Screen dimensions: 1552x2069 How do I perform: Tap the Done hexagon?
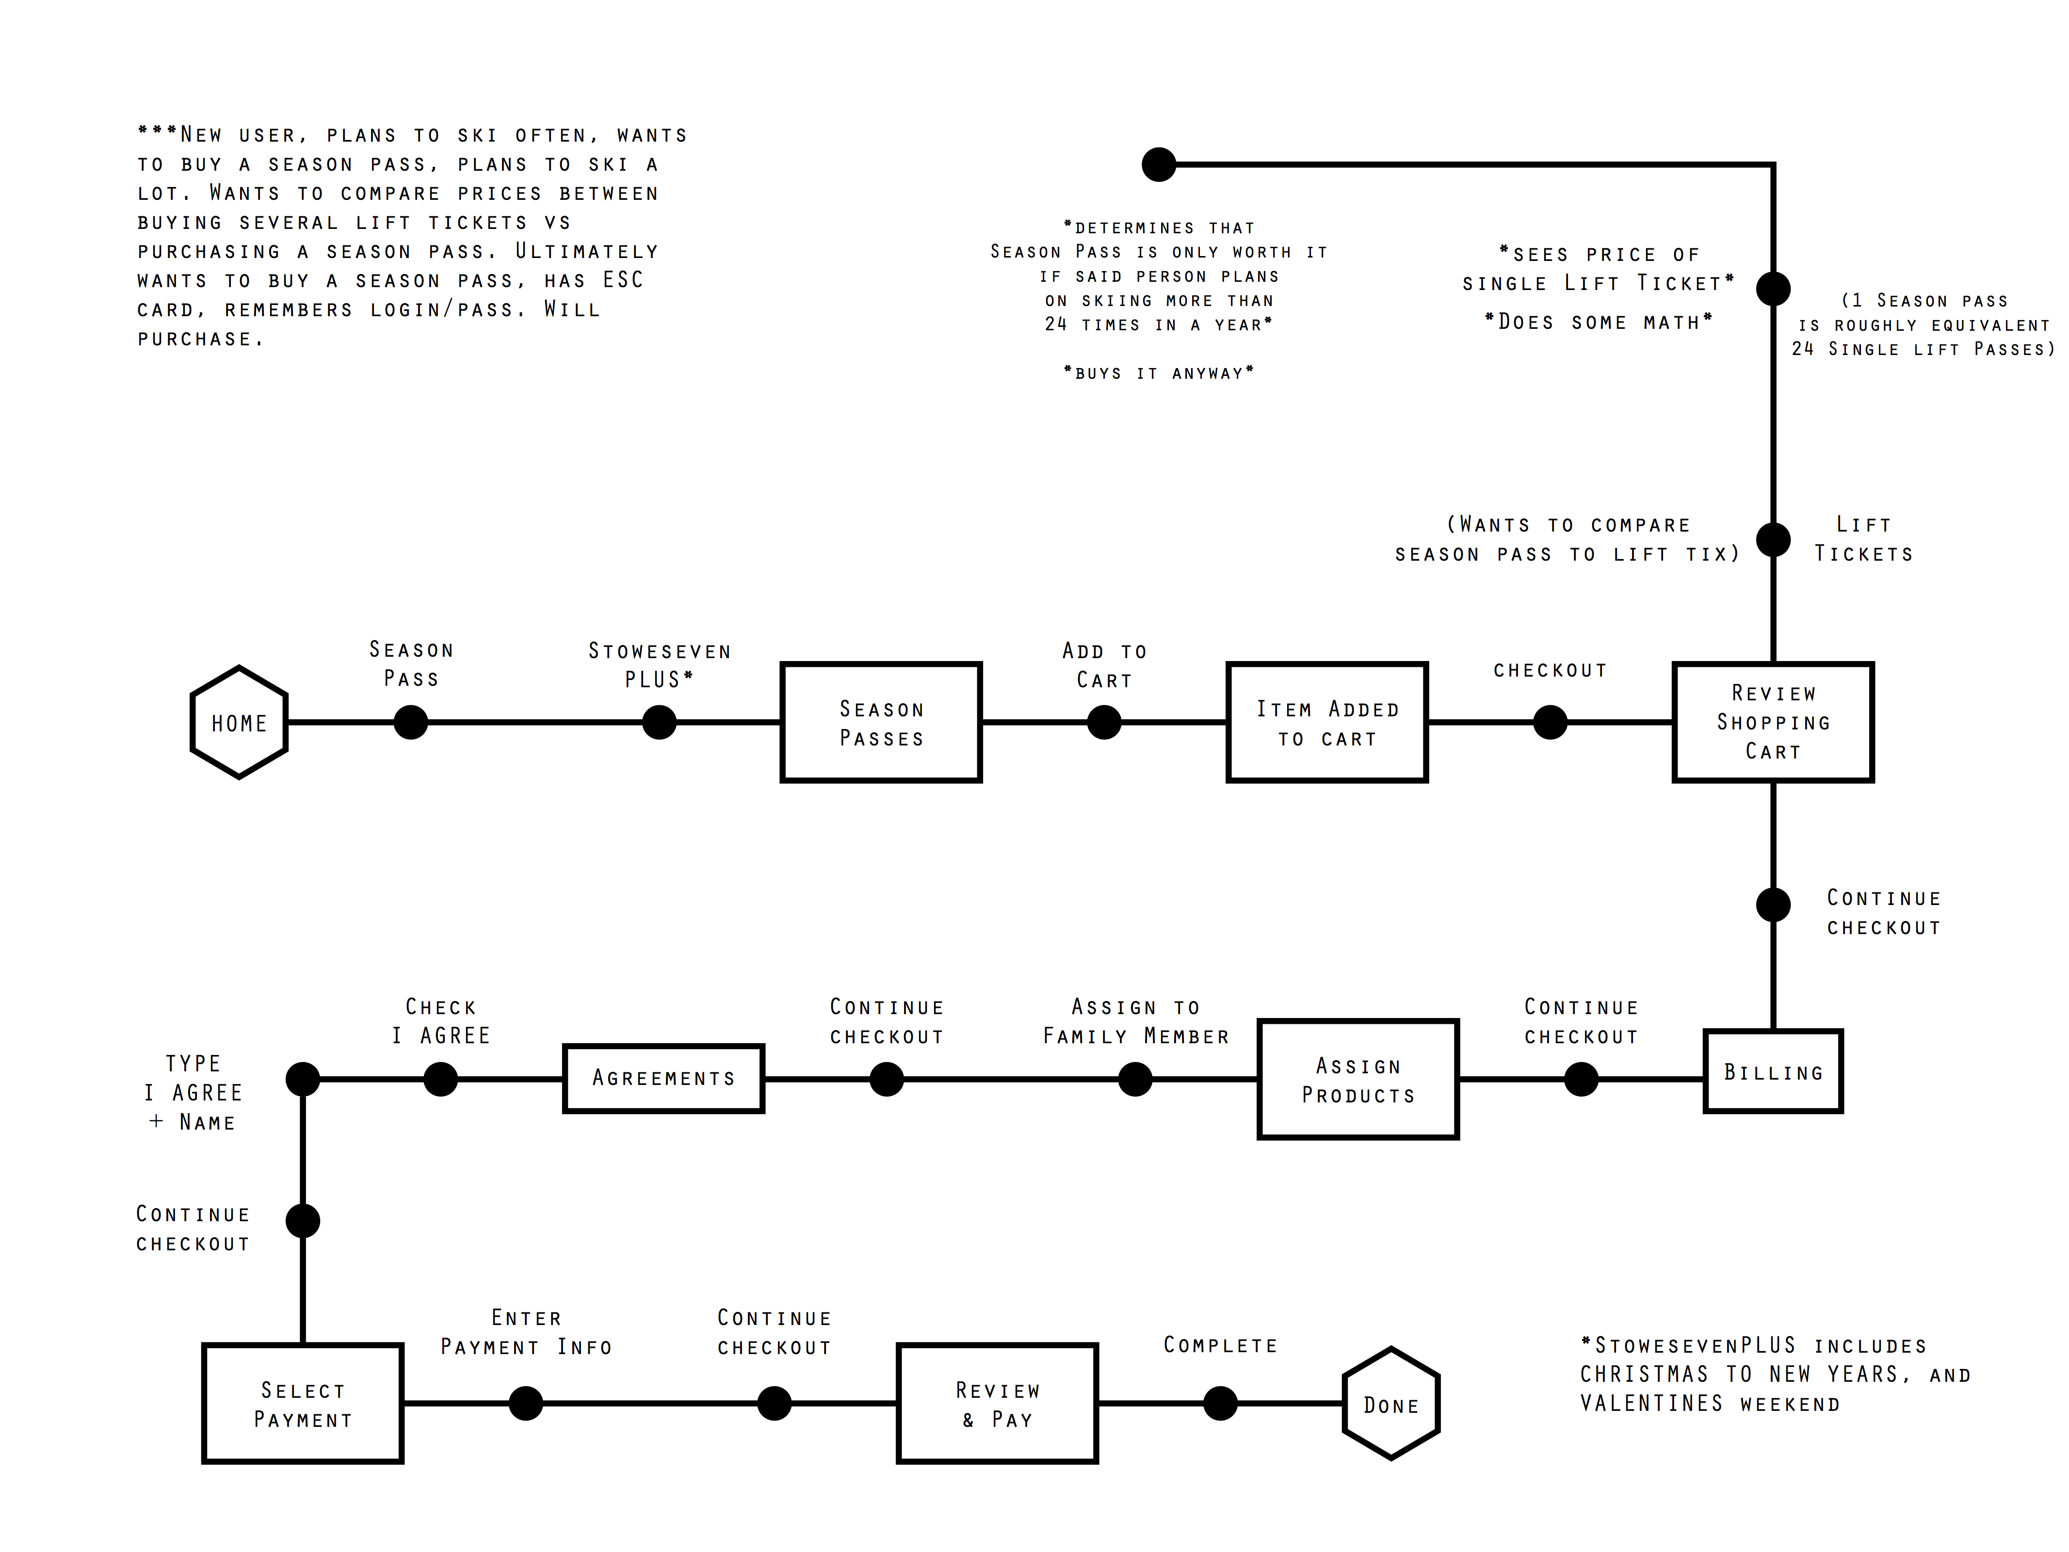tap(1391, 1403)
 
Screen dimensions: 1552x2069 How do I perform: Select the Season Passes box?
tap(881, 722)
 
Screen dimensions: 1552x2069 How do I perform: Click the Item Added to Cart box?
tap(1327, 722)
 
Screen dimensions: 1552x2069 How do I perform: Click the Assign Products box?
tap(1358, 1080)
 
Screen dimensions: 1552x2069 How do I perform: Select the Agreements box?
tap(663, 1079)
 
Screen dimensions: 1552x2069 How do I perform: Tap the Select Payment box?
tap(303, 1403)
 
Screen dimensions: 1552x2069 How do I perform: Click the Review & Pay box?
tap(997, 1403)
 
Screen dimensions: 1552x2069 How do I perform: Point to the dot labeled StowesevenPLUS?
tap(660, 722)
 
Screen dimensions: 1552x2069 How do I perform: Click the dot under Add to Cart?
tap(1105, 722)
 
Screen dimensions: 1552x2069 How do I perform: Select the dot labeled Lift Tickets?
tap(1774, 540)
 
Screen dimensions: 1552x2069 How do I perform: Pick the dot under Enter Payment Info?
tap(526, 1403)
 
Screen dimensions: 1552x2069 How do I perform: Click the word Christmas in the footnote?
tap(1644, 1374)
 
